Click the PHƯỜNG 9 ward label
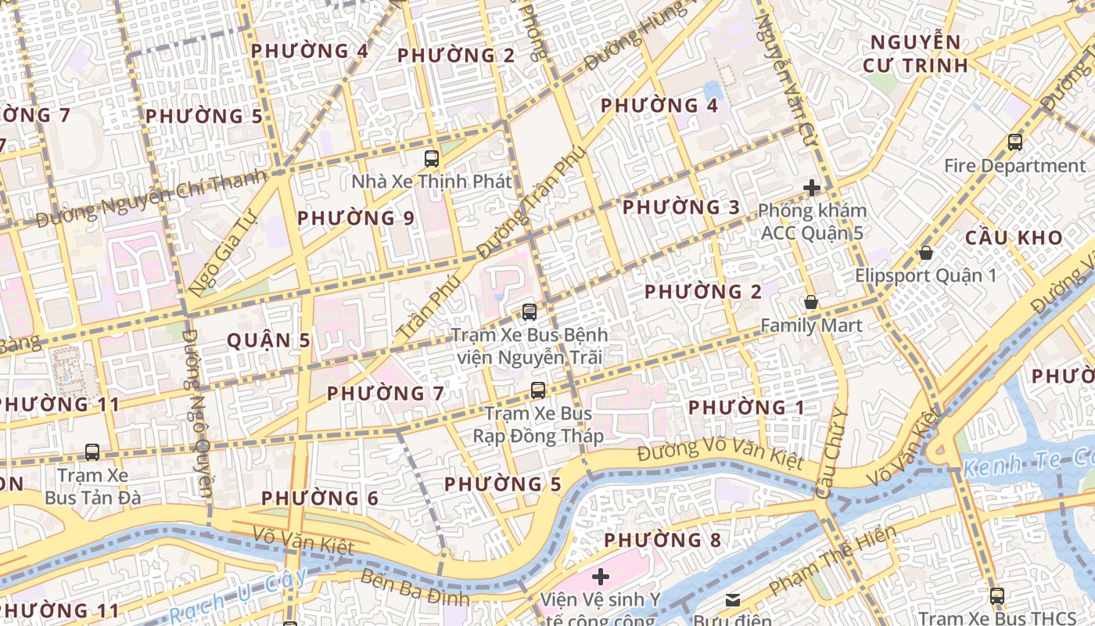(x=356, y=218)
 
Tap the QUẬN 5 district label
(x=268, y=340)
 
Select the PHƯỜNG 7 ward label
(x=386, y=394)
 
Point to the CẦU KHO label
(x=1014, y=238)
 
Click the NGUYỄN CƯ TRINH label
(x=916, y=54)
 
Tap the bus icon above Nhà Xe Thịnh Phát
(x=431, y=159)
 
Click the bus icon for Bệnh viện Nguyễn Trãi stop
(x=530, y=312)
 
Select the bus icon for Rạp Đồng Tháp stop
(x=538, y=390)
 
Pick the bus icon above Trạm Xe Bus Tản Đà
(x=92, y=452)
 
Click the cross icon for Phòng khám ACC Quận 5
(x=812, y=188)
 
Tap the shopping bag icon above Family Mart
(x=811, y=302)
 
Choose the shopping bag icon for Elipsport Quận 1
(x=926, y=253)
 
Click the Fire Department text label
(x=1014, y=166)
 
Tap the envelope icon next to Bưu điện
(x=733, y=600)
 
